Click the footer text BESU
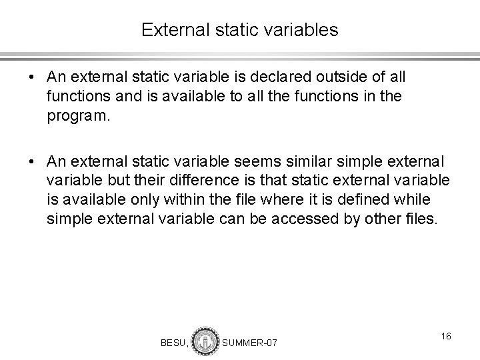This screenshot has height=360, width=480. click(x=174, y=343)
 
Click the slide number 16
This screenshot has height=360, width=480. click(x=445, y=337)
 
